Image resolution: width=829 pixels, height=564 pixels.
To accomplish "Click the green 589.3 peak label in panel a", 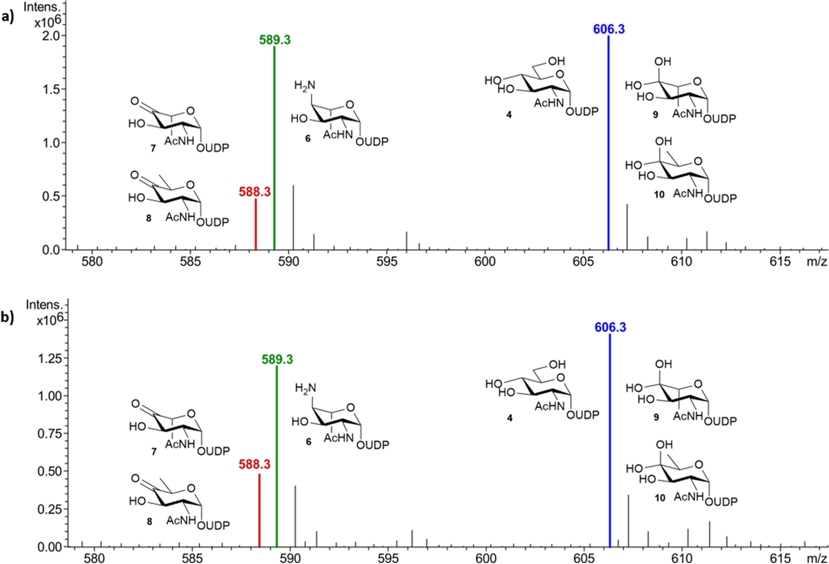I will [x=274, y=40].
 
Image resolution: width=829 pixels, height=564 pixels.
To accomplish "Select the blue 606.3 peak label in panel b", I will [x=610, y=327].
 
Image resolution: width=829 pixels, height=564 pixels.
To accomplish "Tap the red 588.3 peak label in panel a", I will [x=254, y=192].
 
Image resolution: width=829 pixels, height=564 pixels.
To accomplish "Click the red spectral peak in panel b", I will [x=259, y=511].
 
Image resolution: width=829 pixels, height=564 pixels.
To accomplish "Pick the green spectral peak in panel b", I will [x=277, y=456].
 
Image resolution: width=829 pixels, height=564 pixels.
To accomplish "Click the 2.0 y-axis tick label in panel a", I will [x=52, y=36].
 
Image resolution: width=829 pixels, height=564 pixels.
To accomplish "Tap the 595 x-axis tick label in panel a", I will [x=387, y=261].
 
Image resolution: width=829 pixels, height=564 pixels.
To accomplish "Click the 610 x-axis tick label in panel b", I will [x=682, y=558].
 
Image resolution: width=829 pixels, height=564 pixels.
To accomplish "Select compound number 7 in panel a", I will [x=153, y=148].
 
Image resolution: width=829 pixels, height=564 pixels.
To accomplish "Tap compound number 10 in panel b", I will [x=660, y=498].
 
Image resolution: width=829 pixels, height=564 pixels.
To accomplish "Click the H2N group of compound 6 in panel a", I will [x=305, y=86].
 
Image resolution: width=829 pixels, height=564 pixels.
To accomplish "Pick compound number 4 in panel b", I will [x=509, y=418].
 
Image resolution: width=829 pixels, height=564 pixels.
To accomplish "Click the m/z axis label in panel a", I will [x=816, y=261].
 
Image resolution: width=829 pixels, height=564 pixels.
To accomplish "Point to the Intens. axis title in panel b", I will [x=44, y=305].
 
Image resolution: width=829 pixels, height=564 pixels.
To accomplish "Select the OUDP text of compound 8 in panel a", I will [x=212, y=222].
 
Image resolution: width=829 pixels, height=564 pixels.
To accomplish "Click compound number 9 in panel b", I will [x=656, y=417].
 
